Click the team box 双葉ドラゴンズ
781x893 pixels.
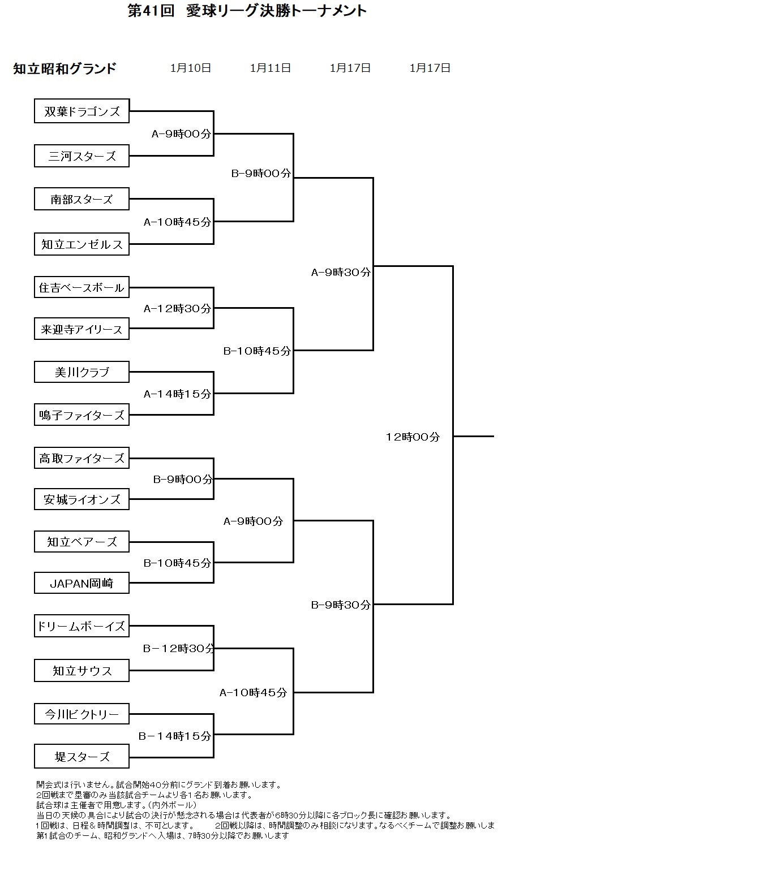(x=81, y=111)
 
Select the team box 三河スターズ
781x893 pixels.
(x=81, y=156)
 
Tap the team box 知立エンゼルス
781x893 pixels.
(x=81, y=244)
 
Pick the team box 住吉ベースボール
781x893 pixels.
(x=81, y=287)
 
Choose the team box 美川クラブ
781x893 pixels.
(x=81, y=372)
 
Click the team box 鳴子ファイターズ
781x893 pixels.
(x=81, y=415)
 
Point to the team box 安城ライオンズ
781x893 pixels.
(x=81, y=499)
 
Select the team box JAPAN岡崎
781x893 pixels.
(x=81, y=583)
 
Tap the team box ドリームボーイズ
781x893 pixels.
(x=81, y=626)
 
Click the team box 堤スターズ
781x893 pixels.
(x=81, y=757)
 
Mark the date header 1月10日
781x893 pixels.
(x=191, y=68)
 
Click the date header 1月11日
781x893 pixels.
(x=271, y=68)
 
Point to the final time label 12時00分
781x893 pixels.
(x=413, y=437)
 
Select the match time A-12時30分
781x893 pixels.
(x=177, y=308)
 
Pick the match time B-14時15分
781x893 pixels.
(x=175, y=736)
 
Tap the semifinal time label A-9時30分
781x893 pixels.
(x=341, y=272)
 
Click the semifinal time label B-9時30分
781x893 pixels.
(x=341, y=605)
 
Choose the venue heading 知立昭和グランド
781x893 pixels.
(x=65, y=68)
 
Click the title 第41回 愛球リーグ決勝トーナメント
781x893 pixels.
(x=247, y=11)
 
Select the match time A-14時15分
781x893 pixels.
(x=177, y=394)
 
